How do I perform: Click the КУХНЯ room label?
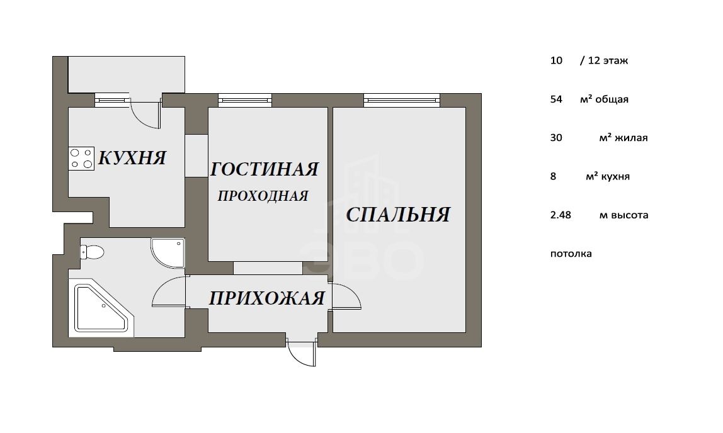(x=132, y=158)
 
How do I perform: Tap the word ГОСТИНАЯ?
(x=265, y=169)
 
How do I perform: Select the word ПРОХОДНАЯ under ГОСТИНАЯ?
(x=263, y=196)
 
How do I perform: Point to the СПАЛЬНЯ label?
(x=398, y=215)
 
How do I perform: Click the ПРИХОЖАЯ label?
(x=267, y=298)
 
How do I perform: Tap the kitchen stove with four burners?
(x=81, y=159)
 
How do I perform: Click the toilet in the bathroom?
(x=92, y=252)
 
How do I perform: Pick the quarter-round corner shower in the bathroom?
(x=168, y=252)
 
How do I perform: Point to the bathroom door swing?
(x=169, y=292)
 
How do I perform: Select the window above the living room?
(x=244, y=99)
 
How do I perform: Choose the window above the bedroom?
(x=401, y=99)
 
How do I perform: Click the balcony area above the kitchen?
(x=127, y=75)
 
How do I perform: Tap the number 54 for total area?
(x=557, y=99)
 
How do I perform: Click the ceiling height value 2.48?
(x=561, y=215)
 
